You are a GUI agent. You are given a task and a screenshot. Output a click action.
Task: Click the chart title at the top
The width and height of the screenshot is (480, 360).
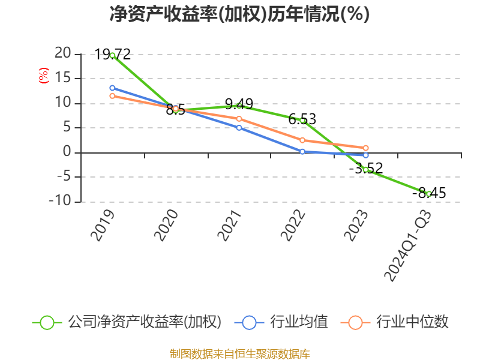click(x=239, y=14)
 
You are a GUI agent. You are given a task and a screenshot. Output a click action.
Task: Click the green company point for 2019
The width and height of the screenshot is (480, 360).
click(x=112, y=55)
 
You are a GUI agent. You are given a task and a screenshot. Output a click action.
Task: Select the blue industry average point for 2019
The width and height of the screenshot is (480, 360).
click(x=112, y=88)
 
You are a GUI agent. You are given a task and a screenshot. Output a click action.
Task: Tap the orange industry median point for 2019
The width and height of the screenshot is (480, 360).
click(x=112, y=95)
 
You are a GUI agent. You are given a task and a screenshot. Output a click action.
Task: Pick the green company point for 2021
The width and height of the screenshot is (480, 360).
click(x=239, y=106)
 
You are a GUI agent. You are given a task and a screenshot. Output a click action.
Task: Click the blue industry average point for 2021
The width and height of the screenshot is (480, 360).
click(x=239, y=127)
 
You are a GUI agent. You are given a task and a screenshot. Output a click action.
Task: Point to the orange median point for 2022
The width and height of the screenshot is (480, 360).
click(x=302, y=140)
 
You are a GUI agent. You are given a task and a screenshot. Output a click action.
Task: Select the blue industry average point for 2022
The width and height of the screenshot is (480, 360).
click(x=302, y=151)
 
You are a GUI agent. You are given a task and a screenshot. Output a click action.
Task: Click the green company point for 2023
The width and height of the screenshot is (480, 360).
click(x=365, y=170)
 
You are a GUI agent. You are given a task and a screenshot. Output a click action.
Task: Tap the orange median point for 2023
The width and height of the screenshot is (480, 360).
click(x=365, y=148)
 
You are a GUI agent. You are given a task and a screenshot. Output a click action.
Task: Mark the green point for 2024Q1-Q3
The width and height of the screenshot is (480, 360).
click(x=429, y=194)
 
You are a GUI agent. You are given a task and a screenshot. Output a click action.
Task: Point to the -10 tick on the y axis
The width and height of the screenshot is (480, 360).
click(x=61, y=202)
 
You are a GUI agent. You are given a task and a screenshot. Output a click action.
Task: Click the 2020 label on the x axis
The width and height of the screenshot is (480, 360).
click(x=167, y=226)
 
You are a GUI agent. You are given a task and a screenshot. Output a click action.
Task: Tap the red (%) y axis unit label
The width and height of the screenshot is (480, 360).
click(x=43, y=76)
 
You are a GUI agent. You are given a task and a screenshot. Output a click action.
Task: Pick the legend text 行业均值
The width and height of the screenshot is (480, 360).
click(x=299, y=322)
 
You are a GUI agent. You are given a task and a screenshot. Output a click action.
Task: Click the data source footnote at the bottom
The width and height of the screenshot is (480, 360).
click(x=239, y=353)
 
